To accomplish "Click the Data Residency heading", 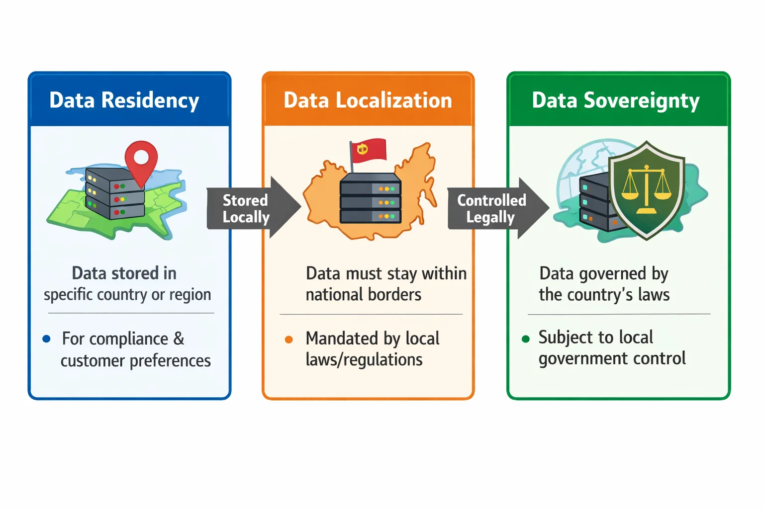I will [x=124, y=100].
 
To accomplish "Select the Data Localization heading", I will [x=368, y=100].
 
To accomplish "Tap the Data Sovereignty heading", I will [x=616, y=100].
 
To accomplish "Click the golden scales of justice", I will [x=646, y=189].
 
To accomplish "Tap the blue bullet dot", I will [x=47, y=339].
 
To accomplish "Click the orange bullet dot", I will [x=288, y=340].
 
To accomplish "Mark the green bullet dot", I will [x=526, y=339].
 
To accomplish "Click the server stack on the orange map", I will [x=370, y=199].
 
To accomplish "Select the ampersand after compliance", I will [x=179, y=339].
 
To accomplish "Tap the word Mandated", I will [x=338, y=339].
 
